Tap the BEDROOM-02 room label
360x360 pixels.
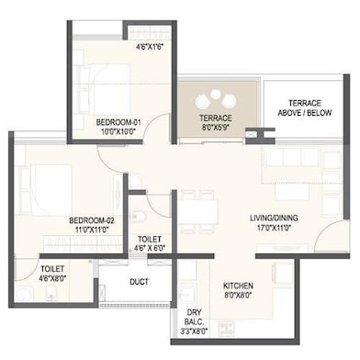point(91,219)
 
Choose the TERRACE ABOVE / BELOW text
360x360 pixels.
point(307,107)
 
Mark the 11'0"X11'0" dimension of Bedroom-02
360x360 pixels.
point(91,230)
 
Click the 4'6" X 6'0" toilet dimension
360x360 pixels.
point(151,247)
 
